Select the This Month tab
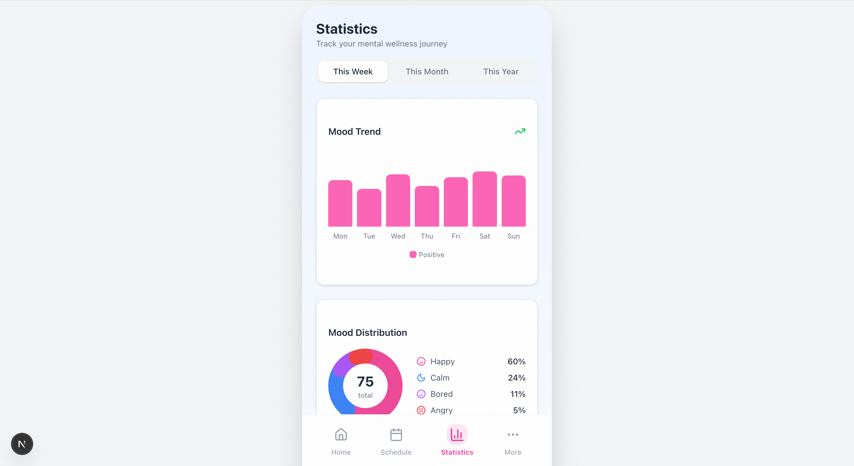point(427,72)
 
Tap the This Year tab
point(500,72)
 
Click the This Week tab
point(353,72)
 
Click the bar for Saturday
point(484,199)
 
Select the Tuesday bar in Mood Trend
point(369,208)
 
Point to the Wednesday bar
point(398,200)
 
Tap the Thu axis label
point(427,236)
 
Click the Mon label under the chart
point(340,236)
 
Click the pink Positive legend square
point(413,255)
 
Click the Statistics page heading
point(347,29)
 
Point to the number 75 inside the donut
point(365,382)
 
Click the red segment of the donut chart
point(361,356)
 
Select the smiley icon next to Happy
point(421,361)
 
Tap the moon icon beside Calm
point(421,378)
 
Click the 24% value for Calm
point(516,378)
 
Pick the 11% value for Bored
point(518,394)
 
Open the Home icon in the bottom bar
point(341,435)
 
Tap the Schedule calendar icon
point(396,435)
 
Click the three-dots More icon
point(512,435)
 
